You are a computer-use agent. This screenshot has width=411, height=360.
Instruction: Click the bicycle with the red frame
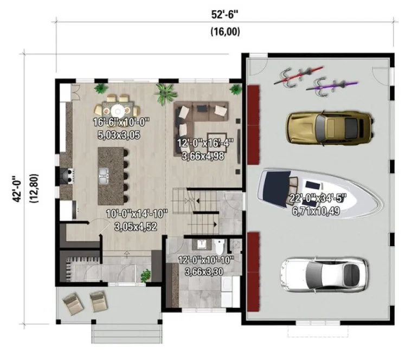298,76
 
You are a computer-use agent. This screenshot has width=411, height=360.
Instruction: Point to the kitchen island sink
104,175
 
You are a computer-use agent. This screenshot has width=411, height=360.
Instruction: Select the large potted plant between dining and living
164,93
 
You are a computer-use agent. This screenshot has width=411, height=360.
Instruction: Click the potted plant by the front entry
146,276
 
